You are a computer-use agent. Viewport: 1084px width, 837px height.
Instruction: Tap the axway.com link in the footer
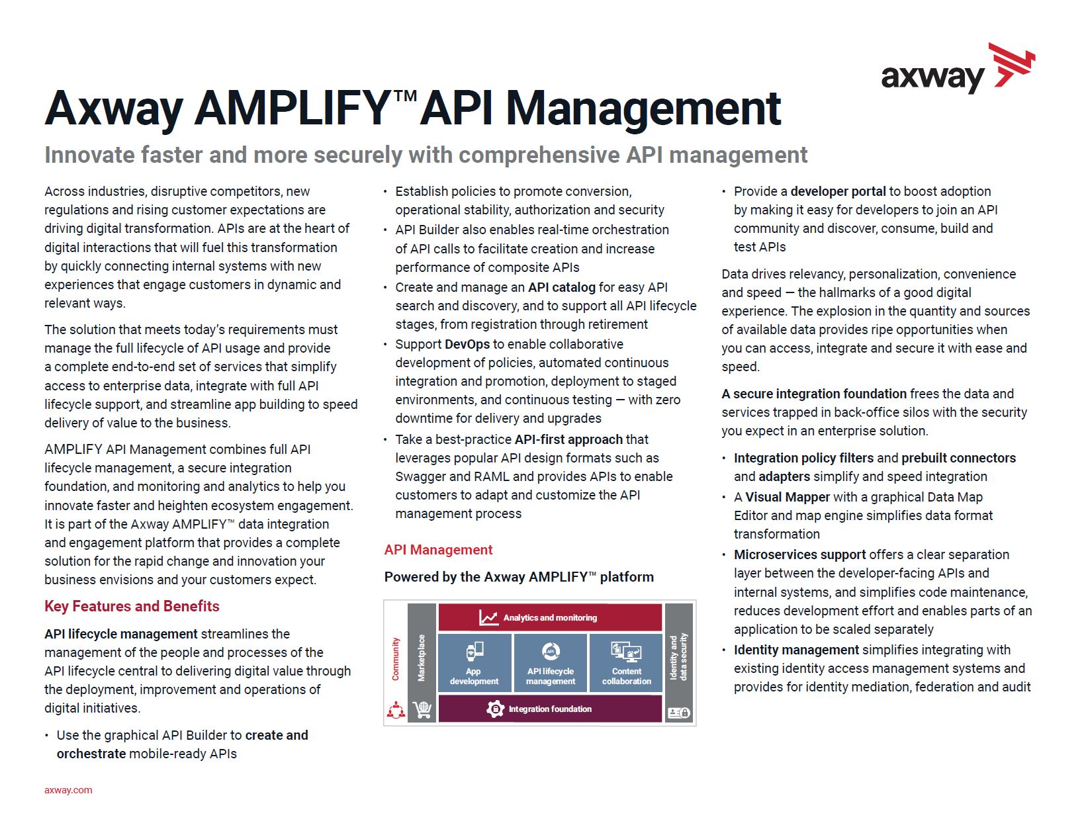(x=68, y=789)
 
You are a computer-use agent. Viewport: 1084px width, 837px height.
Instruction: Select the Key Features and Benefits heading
(x=132, y=606)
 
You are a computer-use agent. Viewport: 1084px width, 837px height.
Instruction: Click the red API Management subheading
(x=438, y=549)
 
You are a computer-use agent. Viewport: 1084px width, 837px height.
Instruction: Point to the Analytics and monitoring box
(x=550, y=617)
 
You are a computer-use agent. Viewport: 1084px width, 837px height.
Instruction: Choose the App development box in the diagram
(x=474, y=662)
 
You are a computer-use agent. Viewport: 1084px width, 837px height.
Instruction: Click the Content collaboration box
(x=626, y=662)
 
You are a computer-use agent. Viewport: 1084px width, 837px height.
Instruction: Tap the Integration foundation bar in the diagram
(x=550, y=709)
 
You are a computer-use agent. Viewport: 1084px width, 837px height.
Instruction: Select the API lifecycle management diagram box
(x=550, y=662)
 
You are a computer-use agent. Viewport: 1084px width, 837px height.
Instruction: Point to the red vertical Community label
(x=396, y=658)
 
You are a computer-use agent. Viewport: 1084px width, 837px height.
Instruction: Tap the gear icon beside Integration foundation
(x=495, y=709)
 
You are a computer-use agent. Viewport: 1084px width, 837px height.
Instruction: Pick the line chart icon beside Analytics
(x=488, y=617)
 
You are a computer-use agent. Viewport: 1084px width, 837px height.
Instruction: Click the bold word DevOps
(x=467, y=344)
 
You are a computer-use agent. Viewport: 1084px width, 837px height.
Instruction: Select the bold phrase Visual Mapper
(x=787, y=497)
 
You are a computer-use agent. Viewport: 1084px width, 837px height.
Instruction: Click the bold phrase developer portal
(x=838, y=191)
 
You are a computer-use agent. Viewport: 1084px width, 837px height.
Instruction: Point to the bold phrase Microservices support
(x=799, y=554)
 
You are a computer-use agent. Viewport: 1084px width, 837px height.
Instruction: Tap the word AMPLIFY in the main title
(x=293, y=108)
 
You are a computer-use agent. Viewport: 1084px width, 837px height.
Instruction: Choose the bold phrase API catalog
(x=562, y=287)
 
